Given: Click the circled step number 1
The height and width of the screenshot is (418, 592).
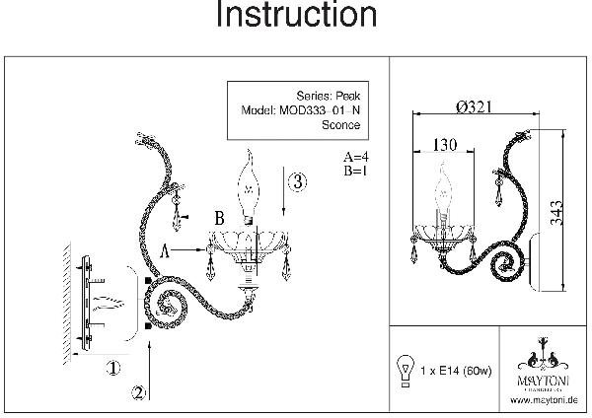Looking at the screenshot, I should (x=113, y=368).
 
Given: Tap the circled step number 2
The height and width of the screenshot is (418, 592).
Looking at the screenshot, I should (x=139, y=391).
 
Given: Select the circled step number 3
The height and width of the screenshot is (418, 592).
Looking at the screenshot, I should (x=297, y=182).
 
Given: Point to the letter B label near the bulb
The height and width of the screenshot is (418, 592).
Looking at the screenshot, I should (x=222, y=216).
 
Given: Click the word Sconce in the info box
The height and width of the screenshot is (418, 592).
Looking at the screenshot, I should (x=341, y=126).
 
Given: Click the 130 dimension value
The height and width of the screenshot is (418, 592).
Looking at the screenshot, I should (x=447, y=145).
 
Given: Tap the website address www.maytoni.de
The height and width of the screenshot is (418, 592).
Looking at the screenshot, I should (x=545, y=400).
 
